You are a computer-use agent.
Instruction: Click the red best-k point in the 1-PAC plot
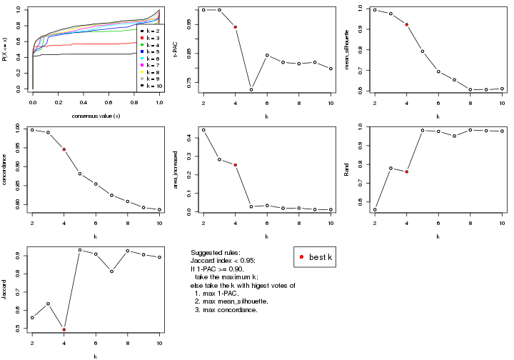[235, 27]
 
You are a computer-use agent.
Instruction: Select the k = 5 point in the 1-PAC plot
[251, 89]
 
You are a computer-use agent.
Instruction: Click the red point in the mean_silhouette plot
[406, 24]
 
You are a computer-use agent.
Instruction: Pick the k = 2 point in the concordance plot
[32, 129]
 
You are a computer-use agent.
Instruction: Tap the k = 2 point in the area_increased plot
[203, 130]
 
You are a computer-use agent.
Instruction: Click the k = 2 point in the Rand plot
[375, 209]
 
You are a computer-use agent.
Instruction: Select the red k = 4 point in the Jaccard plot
[64, 329]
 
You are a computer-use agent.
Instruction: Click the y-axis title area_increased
[179, 169]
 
